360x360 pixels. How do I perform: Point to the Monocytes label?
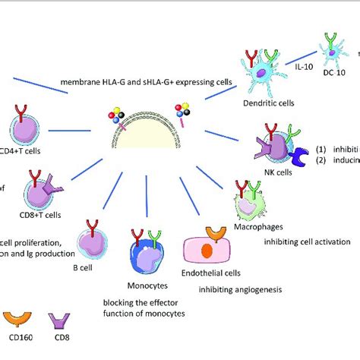click(149, 286)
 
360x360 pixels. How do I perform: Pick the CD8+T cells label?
click(43, 215)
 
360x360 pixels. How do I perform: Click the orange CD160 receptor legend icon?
click(16, 317)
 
